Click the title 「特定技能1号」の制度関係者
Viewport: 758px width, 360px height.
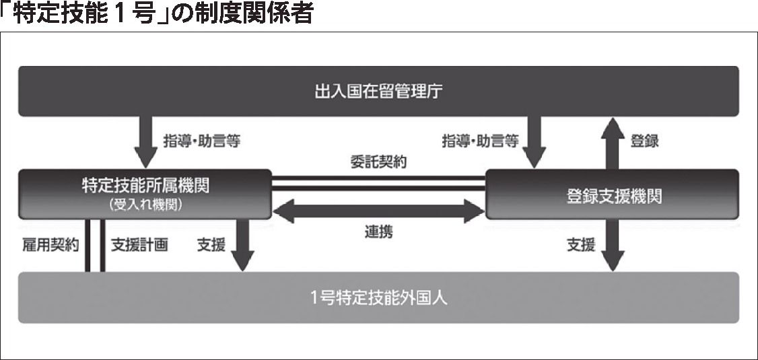(157, 13)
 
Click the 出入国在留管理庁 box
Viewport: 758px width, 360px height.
(378, 91)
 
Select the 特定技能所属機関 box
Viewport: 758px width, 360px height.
(145, 188)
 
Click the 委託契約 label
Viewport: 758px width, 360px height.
(378, 162)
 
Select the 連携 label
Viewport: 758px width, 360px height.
(378, 233)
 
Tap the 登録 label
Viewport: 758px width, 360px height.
(644, 141)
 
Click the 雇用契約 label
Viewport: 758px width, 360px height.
(50, 245)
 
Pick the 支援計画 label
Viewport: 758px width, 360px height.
(139, 245)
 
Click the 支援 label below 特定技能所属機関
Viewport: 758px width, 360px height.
(211, 245)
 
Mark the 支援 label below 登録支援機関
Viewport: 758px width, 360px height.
(580, 245)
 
